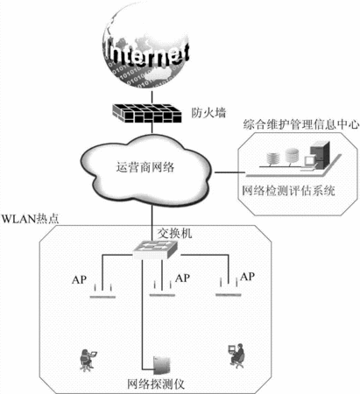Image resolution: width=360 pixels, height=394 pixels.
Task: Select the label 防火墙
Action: [x=208, y=113]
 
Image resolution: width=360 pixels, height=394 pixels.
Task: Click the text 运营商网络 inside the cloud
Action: [x=145, y=167]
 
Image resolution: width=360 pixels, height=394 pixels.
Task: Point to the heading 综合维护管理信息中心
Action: [x=301, y=124]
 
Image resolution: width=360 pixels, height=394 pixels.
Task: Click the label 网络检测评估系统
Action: [x=288, y=191]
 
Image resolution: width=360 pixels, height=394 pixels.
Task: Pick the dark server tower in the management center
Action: [x=320, y=155]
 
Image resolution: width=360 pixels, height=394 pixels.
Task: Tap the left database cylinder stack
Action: [x=273, y=158]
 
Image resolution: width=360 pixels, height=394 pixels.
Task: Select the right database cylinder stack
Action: [x=292, y=156]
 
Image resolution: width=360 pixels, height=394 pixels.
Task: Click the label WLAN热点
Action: [x=31, y=219]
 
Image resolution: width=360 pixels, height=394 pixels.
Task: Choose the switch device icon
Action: [x=155, y=250]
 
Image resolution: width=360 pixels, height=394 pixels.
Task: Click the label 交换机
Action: [x=175, y=234]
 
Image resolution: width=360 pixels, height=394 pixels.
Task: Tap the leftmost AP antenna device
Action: [x=102, y=291]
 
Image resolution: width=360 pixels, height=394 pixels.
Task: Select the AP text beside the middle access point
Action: [x=182, y=278]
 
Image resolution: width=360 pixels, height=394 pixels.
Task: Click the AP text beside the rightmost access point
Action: [x=247, y=277]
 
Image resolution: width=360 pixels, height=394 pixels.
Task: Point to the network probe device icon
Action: [x=162, y=365]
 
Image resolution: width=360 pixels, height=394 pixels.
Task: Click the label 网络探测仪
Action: [x=156, y=384]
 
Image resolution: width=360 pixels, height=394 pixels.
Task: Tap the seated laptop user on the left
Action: [x=88, y=360]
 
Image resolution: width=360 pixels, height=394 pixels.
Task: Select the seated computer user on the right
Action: [x=236, y=356]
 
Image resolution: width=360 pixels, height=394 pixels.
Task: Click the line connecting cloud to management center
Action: [x=230, y=172]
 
